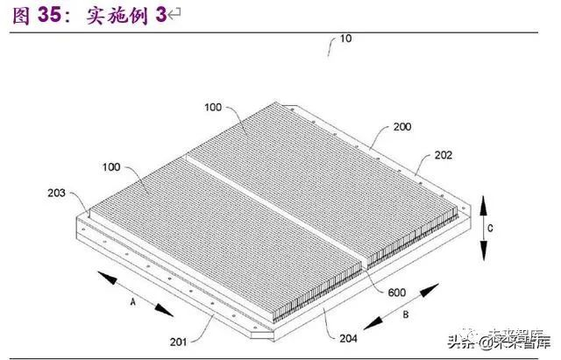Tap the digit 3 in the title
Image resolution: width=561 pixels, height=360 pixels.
(x=160, y=17)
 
